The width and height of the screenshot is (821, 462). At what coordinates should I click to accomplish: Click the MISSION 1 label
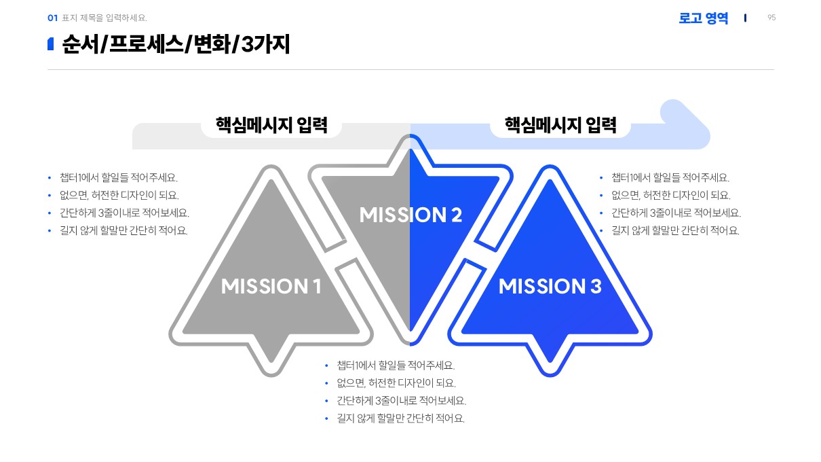coord(271,287)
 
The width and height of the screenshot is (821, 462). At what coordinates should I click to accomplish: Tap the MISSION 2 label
coord(411,215)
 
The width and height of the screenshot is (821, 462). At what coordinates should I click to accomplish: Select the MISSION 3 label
coord(550,287)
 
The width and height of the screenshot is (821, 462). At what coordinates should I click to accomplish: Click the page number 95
coord(771,18)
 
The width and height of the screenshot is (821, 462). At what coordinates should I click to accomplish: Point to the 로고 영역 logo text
coord(703,18)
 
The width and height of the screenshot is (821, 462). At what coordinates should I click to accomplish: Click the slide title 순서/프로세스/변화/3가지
coord(176,45)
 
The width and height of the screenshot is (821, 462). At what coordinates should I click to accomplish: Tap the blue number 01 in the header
coord(52,18)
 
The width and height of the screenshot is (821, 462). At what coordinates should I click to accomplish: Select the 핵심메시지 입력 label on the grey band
coord(271,126)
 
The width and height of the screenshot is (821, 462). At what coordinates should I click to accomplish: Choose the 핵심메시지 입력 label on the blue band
coord(560,126)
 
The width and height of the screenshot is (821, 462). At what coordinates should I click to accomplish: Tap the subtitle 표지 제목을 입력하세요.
coord(104,18)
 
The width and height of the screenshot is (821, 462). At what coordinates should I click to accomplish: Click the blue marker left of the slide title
coord(50,45)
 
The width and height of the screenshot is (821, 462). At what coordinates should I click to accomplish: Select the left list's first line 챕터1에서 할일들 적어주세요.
coord(119,178)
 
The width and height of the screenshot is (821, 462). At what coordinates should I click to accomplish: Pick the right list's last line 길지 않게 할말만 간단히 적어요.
coord(675,231)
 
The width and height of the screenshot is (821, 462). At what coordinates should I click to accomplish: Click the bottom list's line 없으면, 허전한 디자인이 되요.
coord(396,383)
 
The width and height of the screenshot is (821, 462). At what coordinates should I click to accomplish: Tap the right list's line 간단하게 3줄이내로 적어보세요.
coord(676,213)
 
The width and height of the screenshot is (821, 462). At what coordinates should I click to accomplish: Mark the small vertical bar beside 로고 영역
coord(745,18)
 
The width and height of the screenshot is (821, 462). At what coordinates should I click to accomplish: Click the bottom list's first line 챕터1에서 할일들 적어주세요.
coord(396,366)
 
